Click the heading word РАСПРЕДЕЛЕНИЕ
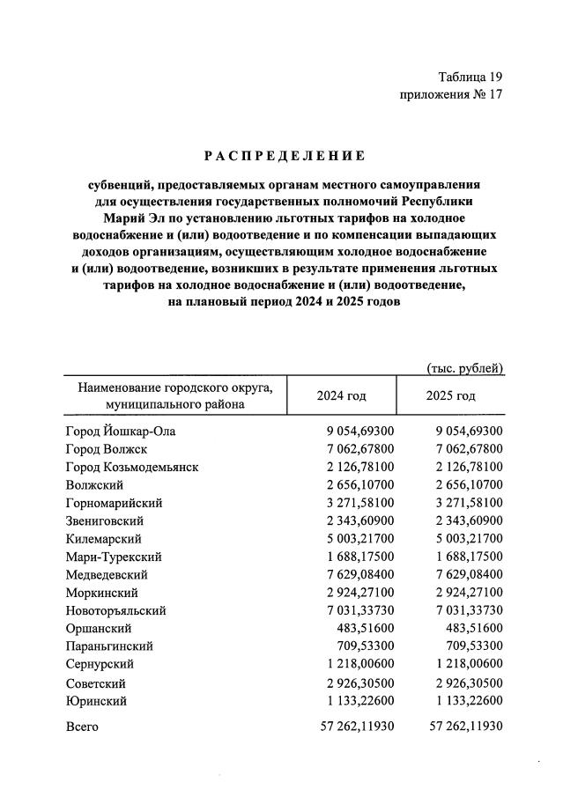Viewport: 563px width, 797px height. pos(285,156)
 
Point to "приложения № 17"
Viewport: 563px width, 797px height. pos(451,95)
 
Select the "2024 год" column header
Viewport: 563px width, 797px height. pos(341,395)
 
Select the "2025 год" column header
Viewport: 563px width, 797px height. pos(450,395)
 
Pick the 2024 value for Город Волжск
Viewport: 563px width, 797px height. pos(356,448)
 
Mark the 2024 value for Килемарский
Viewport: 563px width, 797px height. pos(356,539)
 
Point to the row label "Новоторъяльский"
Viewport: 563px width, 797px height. pos(115,610)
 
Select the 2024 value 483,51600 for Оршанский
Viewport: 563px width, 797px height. pos(363,629)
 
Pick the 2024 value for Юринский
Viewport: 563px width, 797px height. pos(356,701)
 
